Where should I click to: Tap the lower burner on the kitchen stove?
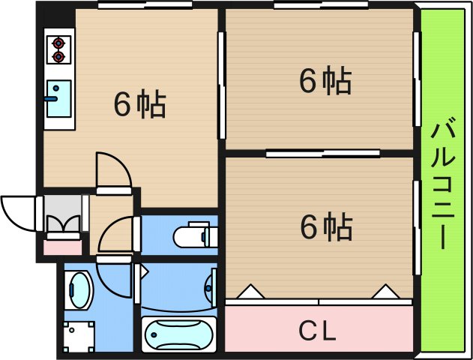click(57, 55)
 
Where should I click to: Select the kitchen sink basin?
click(58, 98)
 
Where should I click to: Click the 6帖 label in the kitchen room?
click(139, 105)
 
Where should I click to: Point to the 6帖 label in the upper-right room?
click(325, 81)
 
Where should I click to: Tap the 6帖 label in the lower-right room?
click(325, 226)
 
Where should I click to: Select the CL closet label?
click(318, 328)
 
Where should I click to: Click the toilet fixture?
click(193, 235)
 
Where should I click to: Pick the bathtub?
click(178, 334)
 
